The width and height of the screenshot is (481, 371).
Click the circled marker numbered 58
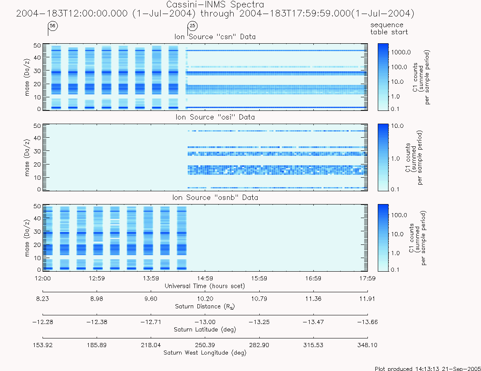point(53,26)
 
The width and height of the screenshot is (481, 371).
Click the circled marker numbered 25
point(192,26)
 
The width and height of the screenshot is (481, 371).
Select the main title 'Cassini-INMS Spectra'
point(215,5)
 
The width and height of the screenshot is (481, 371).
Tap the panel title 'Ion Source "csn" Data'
point(215,37)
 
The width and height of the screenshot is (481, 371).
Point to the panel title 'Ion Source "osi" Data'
point(215,117)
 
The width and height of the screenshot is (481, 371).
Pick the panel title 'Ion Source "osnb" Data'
point(215,197)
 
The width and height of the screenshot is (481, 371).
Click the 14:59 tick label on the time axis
point(205,278)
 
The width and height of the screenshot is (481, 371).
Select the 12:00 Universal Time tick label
point(43,278)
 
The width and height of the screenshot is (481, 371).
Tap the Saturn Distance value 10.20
point(205,299)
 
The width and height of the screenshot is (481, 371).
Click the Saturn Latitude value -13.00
point(205,322)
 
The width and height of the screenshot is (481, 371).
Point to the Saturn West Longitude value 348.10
point(367,345)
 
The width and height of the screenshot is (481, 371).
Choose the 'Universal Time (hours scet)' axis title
point(205,286)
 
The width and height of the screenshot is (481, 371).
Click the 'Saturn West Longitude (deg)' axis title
point(205,352)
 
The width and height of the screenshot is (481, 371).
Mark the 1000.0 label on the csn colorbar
point(400,52)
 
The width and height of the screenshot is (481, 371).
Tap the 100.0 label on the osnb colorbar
point(399,215)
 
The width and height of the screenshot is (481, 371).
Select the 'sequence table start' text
point(389,28)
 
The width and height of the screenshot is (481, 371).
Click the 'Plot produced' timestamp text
point(428,368)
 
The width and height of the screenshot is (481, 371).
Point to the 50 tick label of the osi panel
point(37,126)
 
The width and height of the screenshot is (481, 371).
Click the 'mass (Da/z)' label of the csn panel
point(27,77)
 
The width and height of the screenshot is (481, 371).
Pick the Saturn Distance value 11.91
point(367,299)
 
